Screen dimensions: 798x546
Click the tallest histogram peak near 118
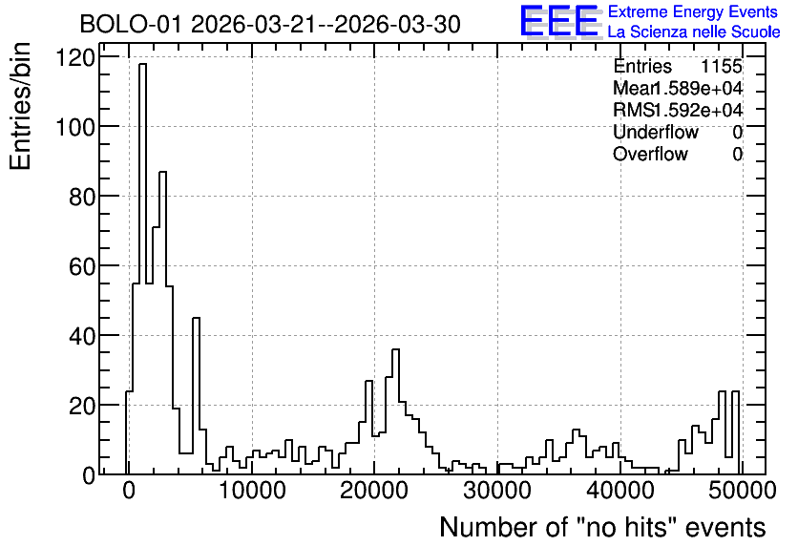(x=142, y=64)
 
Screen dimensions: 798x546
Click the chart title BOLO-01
(x=130, y=24)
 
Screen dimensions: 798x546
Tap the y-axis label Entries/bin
(x=20, y=106)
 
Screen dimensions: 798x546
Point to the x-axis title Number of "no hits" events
(x=602, y=527)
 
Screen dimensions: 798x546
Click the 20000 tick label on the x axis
(x=374, y=491)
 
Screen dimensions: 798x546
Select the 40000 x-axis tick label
(x=619, y=491)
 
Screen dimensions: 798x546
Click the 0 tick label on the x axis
(x=129, y=491)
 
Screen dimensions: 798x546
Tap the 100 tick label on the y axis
(x=75, y=127)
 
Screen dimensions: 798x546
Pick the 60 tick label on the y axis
(x=82, y=266)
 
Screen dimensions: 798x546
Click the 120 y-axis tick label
(x=75, y=57)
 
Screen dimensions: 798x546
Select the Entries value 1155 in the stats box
(x=721, y=66)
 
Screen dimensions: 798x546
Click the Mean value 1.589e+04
(x=697, y=88)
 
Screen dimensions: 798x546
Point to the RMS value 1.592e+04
(x=699, y=110)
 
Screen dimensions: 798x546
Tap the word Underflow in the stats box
(x=656, y=132)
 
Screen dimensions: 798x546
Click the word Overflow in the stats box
(x=650, y=154)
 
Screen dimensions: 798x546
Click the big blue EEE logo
(x=559, y=21)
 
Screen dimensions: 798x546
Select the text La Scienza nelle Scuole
(x=693, y=32)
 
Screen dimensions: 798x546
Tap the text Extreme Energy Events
(x=693, y=11)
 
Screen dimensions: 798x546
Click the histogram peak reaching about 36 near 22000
(x=395, y=349)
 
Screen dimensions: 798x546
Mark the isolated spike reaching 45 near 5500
(x=196, y=319)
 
